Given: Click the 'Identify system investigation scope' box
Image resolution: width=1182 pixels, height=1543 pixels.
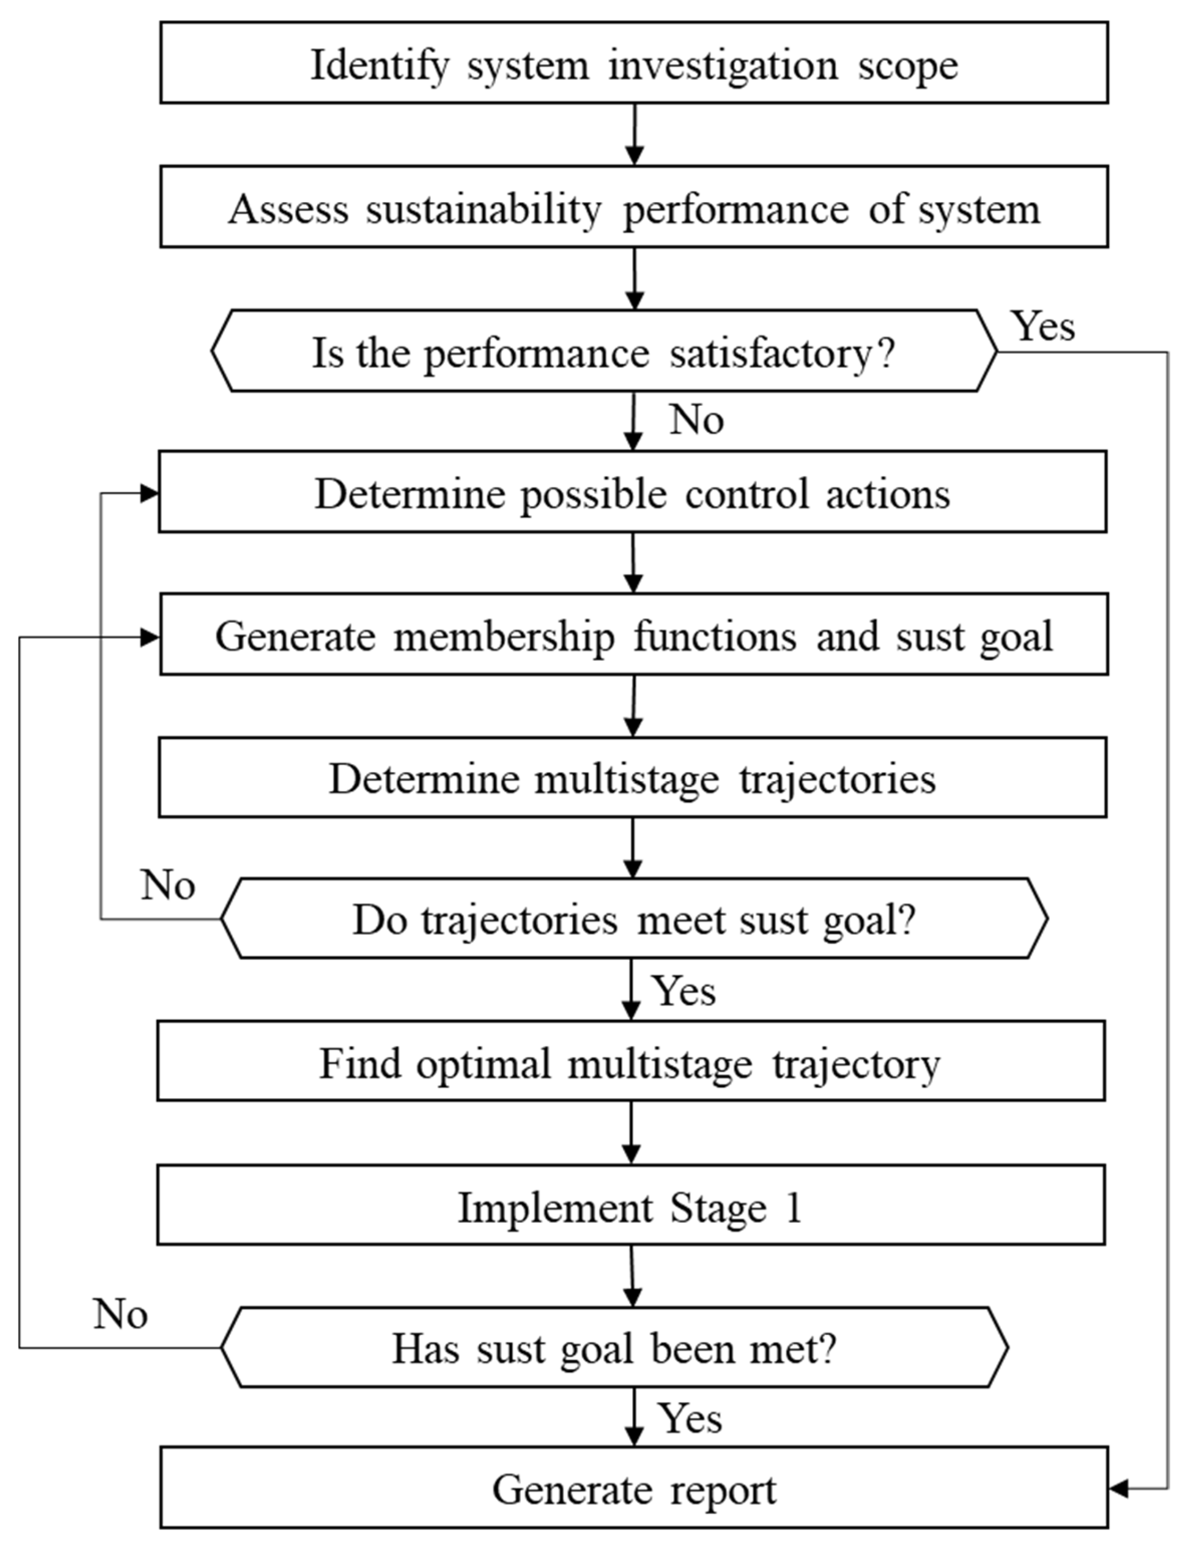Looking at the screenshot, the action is [x=634, y=62].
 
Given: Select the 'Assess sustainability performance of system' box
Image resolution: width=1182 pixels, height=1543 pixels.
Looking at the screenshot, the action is [x=634, y=207].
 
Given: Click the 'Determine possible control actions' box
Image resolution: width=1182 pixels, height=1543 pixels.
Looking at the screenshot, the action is [x=632, y=492].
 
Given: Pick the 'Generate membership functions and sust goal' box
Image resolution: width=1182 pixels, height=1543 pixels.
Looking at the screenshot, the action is [x=634, y=634].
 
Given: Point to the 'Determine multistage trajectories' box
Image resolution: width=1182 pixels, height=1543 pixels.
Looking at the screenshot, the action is [x=632, y=777].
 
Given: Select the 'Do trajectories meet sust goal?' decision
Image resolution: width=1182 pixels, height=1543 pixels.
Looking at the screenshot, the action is [x=634, y=918].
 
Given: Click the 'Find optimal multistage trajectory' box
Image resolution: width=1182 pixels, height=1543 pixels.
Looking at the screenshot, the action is [x=631, y=1061].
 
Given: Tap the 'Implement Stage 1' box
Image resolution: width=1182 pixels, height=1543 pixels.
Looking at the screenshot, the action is [x=631, y=1204].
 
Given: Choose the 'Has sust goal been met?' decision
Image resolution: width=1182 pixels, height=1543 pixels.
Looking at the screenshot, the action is [x=615, y=1347].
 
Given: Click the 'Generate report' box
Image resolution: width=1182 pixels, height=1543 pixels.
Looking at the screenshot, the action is [x=634, y=1488].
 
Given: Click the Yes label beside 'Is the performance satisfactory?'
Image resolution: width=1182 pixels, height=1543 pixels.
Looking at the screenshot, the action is [x=1043, y=326].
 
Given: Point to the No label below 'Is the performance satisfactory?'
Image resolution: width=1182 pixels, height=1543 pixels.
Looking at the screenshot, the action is [x=696, y=420].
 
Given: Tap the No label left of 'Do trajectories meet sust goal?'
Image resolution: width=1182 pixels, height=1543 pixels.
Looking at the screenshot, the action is [x=167, y=885].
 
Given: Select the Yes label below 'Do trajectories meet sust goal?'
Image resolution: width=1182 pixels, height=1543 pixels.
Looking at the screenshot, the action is [x=684, y=991].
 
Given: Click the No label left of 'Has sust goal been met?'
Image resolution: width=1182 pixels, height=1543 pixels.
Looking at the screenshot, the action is [x=120, y=1314].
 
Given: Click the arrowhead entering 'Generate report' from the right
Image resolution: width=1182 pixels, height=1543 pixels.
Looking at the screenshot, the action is [x=1119, y=1488].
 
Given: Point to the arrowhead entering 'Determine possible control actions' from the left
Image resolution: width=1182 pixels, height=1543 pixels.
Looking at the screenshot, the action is [x=149, y=493].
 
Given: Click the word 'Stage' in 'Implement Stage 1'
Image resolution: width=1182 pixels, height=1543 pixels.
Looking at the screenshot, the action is [x=718, y=1208].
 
